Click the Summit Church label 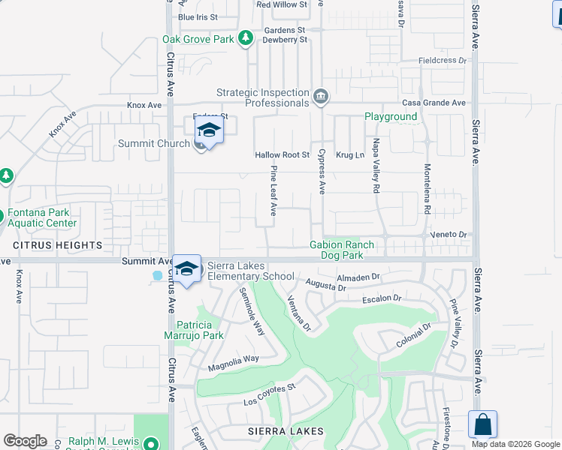tap(154, 143)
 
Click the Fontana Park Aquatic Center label tap(42, 217)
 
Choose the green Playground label tap(391, 116)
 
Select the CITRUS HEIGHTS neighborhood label tap(57, 245)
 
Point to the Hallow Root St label tap(283, 154)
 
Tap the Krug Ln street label tap(349, 154)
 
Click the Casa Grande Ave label tap(434, 103)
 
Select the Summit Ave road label tap(142, 260)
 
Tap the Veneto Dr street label tap(449, 234)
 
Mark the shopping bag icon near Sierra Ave tap(482, 424)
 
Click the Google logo tap(25, 441)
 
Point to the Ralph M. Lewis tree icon tap(151, 443)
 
